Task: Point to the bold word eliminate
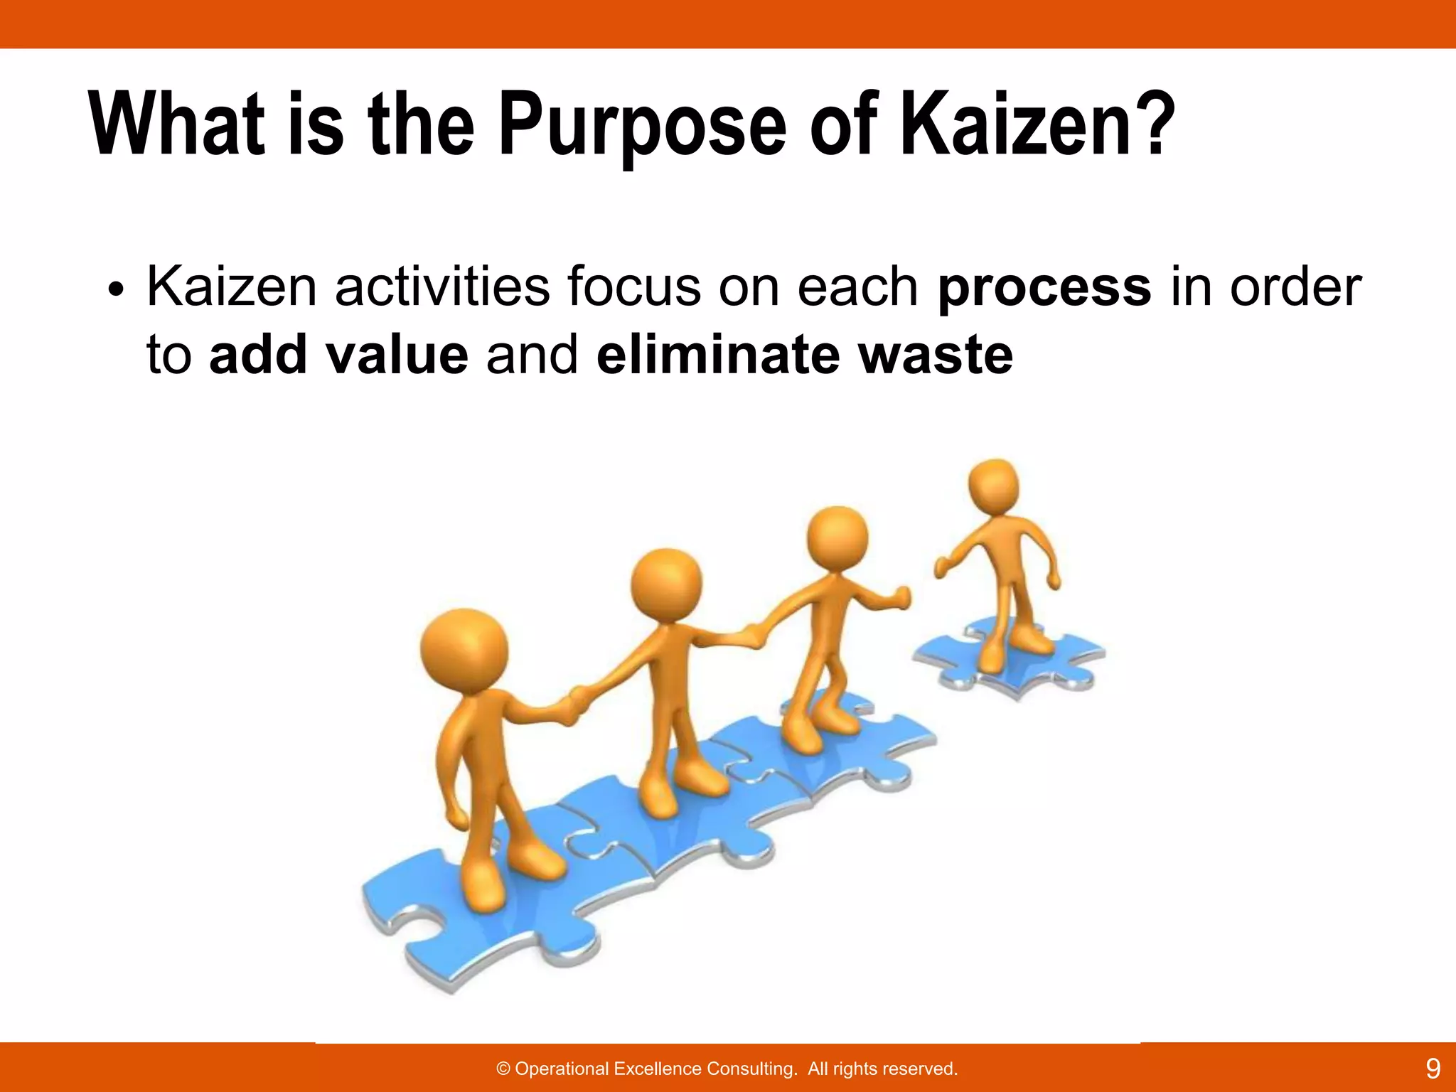point(719,355)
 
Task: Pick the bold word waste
point(935,355)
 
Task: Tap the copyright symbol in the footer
point(503,1069)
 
